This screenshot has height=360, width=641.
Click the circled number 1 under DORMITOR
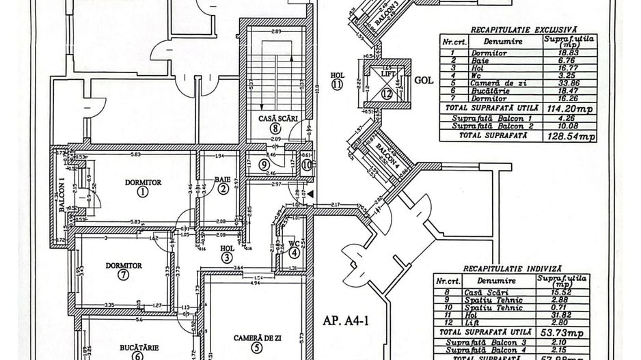point(142,192)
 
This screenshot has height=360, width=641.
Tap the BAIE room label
point(223,179)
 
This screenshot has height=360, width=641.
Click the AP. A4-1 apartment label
point(346,319)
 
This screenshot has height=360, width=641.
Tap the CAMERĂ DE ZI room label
point(256,337)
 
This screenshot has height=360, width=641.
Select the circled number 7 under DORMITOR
point(123,275)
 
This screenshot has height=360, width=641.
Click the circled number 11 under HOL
point(337,85)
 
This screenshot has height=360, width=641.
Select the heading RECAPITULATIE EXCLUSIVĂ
point(523,29)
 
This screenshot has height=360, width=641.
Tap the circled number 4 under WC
point(294,252)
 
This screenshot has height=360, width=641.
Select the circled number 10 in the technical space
point(307,164)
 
